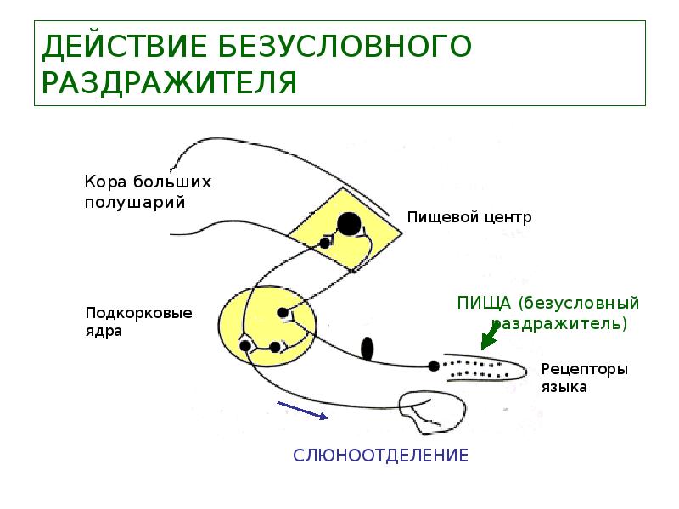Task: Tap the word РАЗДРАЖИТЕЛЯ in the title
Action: [x=169, y=83]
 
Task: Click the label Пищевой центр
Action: [x=469, y=217]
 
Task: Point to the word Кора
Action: [x=103, y=182]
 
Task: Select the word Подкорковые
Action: [x=138, y=313]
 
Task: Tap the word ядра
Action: [x=104, y=332]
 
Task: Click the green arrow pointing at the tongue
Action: [x=489, y=339]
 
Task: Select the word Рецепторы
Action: [x=584, y=370]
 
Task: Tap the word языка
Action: [x=563, y=388]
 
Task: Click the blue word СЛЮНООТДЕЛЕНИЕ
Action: [x=380, y=456]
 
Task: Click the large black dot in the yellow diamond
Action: [x=349, y=224]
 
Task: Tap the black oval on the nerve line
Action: [x=367, y=349]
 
